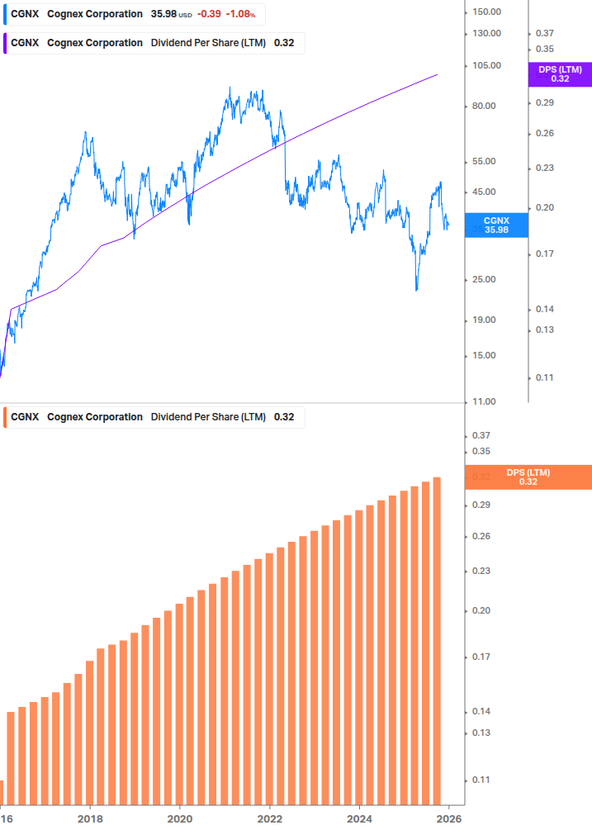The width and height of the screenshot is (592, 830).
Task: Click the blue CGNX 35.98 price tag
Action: [x=496, y=225]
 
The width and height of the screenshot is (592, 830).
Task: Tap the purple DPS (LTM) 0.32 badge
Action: [x=560, y=74]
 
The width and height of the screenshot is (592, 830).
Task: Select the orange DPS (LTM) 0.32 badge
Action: [x=528, y=477]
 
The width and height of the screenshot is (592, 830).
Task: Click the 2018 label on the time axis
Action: [x=90, y=818]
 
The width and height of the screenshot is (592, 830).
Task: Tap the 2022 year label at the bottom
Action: [x=269, y=818]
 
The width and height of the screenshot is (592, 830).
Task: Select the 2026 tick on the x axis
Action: [x=448, y=818]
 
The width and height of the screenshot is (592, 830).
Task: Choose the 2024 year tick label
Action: [x=358, y=818]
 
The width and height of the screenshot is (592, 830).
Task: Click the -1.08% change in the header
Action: [x=241, y=14]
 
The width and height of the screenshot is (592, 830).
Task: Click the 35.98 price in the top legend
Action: [x=163, y=14]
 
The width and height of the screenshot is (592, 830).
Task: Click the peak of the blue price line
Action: [x=230, y=88]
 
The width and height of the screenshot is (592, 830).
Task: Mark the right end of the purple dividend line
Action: [x=437, y=74]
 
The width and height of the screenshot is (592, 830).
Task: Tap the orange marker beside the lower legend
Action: [x=4, y=417]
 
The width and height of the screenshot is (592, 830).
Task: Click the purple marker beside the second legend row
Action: [x=4, y=43]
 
